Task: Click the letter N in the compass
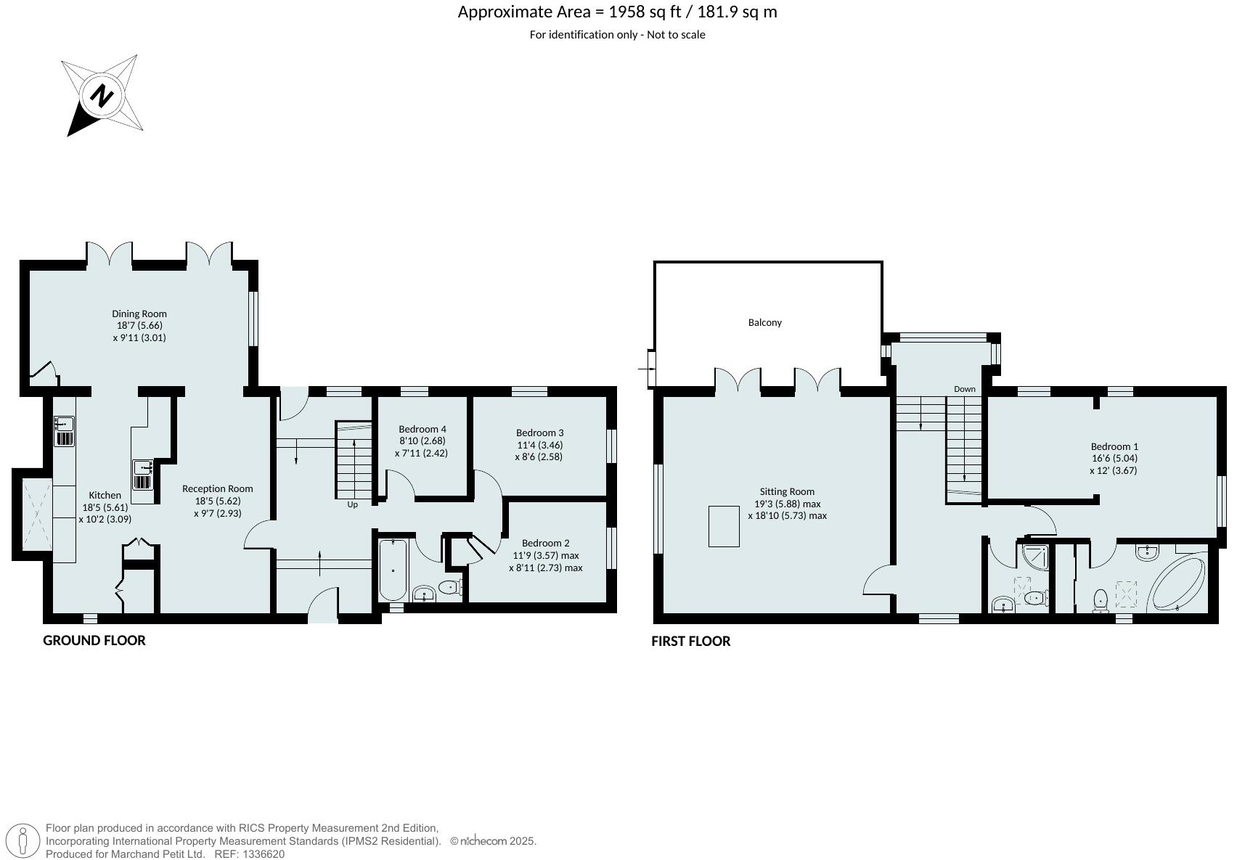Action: pyautogui.click(x=102, y=96)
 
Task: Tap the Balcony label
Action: pyautogui.click(x=764, y=322)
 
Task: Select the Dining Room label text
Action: pyautogui.click(x=139, y=314)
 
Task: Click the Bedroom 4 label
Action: pyautogui.click(x=422, y=429)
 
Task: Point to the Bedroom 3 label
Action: pyautogui.click(x=539, y=433)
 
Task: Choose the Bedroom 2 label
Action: pyautogui.click(x=545, y=543)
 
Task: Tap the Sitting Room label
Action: pyautogui.click(x=787, y=491)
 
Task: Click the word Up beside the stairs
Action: pyautogui.click(x=352, y=504)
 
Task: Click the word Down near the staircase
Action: pyautogui.click(x=964, y=389)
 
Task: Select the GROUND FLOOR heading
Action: pyautogui.click(x=94, y=640)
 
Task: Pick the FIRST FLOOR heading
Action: pyautogui.click(x=690, y=641)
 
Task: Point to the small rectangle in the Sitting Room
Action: pyautogui.click(x=724, y=525)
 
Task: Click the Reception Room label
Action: pyautogui.click(x=217, y=488)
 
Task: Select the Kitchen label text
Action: pyautogui.click(x=105, y=495)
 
